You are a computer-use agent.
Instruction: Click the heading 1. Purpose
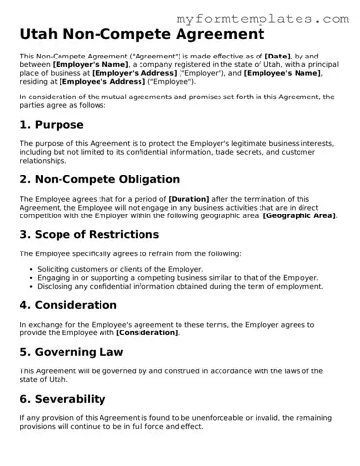[x=52, y=125]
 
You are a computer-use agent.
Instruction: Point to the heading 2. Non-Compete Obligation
[x=100, y=179]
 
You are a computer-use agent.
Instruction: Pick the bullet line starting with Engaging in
[x=179, y=277]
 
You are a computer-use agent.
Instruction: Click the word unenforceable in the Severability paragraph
[x=202, y=418]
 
